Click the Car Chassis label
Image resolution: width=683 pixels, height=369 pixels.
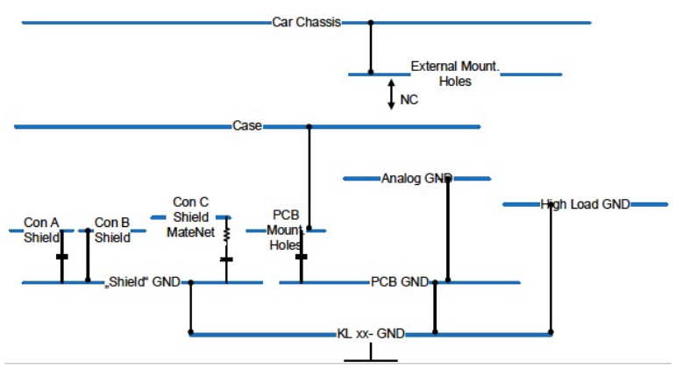pos(306,22)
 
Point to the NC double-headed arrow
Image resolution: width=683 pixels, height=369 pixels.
pos(392,94)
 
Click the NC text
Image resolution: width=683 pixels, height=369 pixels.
pos(409,100)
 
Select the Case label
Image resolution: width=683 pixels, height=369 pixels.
pos(246,126)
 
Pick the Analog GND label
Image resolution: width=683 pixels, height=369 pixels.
pos(416,178)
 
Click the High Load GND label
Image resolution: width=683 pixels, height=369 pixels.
pos(585,204)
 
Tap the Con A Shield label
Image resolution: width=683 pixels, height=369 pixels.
pos(41,230)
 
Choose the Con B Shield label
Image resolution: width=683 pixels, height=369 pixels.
pos(112,230)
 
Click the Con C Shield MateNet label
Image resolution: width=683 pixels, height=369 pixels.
pos(190,216)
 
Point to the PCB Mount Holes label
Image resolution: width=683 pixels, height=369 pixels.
pos(286,230)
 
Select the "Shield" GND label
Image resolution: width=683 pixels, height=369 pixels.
pos(142,282)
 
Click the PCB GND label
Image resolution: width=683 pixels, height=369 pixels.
pos(399,282)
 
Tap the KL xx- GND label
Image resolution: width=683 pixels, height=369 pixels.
pos(371,334)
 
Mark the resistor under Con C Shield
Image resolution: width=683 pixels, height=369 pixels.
pos(226,235)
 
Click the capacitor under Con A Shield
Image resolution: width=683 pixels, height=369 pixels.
pos(61,257)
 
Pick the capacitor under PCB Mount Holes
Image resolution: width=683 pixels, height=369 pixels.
pos(302,257)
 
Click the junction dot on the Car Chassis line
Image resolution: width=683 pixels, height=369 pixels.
pos(370,22)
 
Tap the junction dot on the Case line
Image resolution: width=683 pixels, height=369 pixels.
pos(309,127)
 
